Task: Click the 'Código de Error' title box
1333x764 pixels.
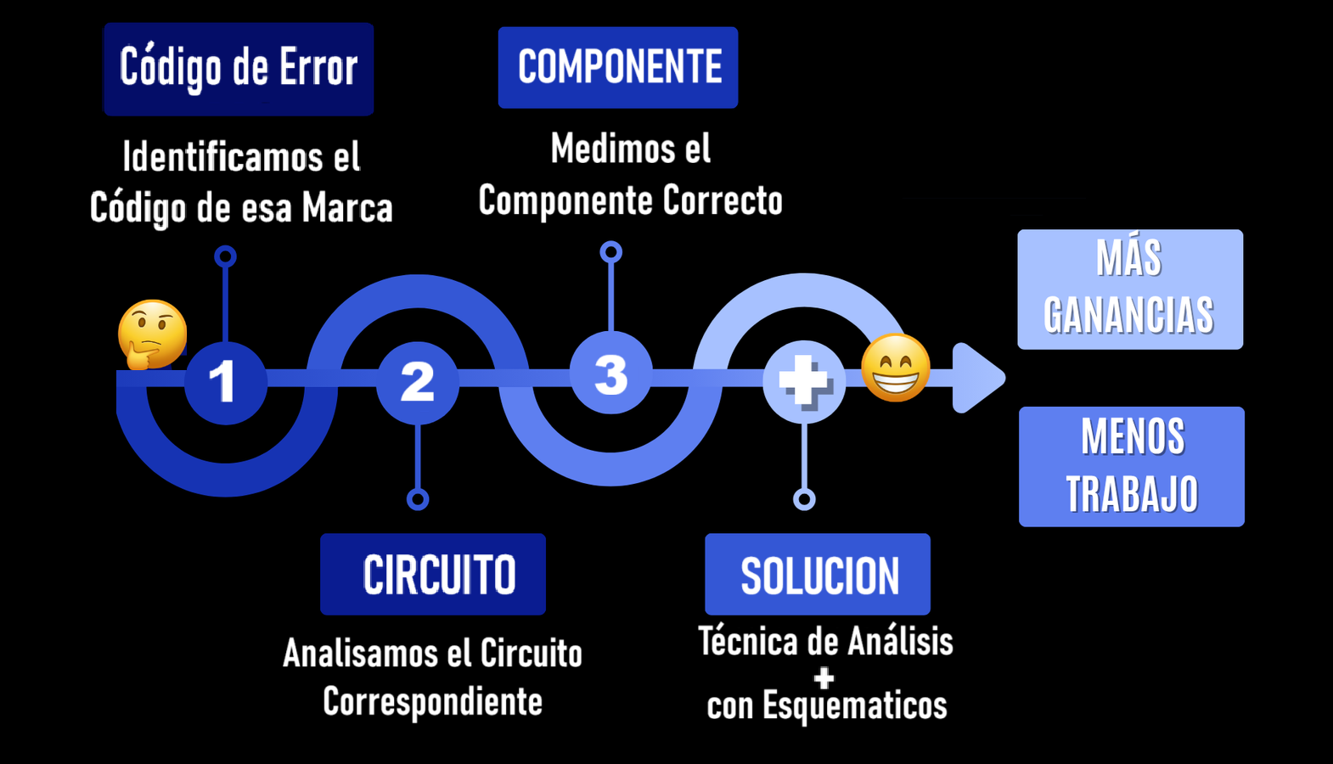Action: [238, 69]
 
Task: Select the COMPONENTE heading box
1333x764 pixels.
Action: [617, 67]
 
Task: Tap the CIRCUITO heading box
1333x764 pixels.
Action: [433, 574]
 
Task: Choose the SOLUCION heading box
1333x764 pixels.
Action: [817, 574]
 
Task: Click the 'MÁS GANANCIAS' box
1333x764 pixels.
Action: [1129, 289]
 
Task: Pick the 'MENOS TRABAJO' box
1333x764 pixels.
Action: [1131, 466]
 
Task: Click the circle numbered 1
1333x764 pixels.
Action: [225, 381]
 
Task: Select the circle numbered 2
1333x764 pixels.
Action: [418, 381]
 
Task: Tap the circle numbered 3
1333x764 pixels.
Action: [610, 374]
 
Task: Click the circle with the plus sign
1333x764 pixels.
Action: [804, 381]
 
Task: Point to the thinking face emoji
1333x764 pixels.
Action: [153, 334]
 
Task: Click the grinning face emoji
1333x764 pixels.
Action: [896, 367]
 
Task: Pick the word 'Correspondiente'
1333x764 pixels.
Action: [432, 702]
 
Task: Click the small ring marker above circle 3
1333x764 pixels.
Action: [610, 252]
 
